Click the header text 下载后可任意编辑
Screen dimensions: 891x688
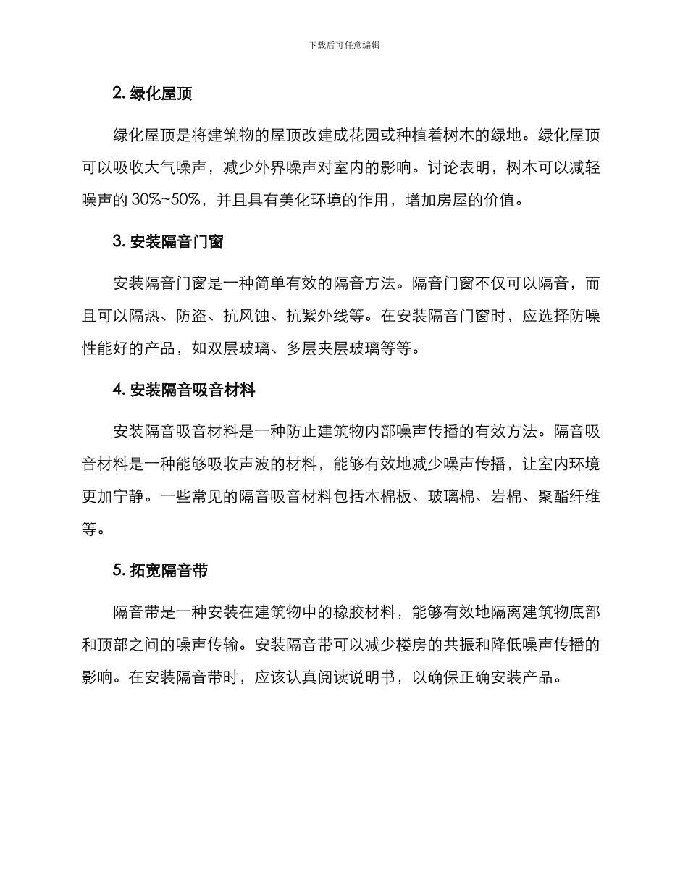[344, 45]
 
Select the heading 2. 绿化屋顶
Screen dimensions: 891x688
[152, 93]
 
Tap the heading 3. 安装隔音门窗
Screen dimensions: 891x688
[168, 242]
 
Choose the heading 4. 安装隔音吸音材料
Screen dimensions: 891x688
[184, 390]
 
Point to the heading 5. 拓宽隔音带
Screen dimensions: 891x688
[160, 571]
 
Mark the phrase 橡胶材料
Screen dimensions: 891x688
[367, 612]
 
